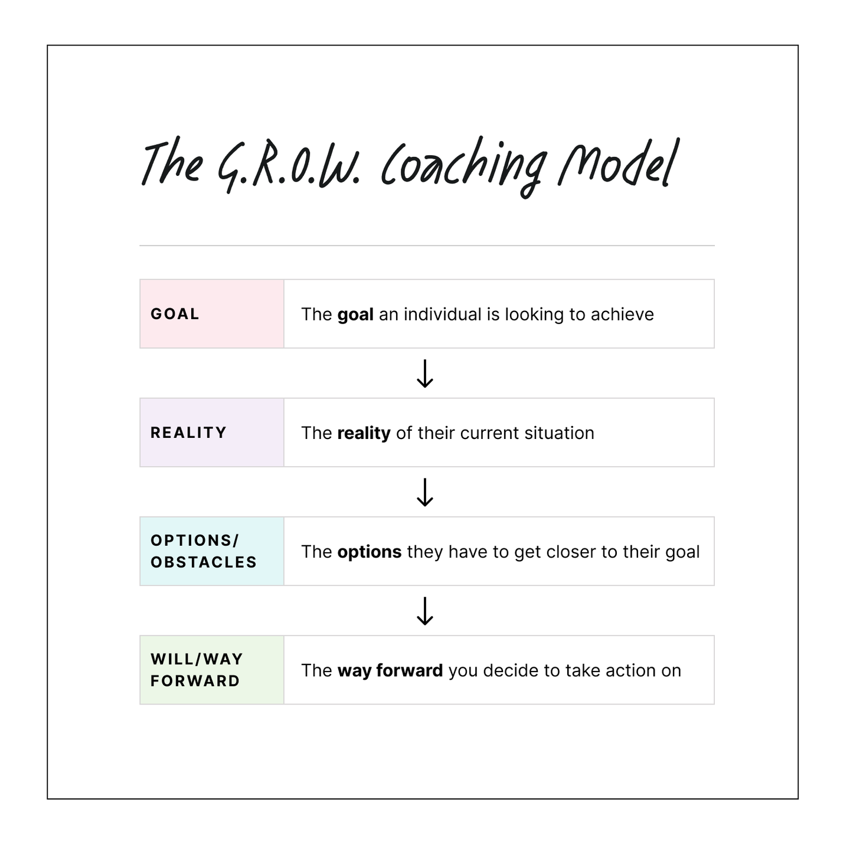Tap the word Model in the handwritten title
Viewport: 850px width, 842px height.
[619, 162]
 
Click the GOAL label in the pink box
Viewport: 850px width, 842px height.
[175, 314]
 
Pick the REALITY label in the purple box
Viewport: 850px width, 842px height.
[188, 433]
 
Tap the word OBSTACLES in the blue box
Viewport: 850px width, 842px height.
[203, 562]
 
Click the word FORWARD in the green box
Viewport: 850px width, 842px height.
[195, 681]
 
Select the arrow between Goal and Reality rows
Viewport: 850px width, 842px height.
[425, 374]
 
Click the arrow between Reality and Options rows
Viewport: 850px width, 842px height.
[425, 492]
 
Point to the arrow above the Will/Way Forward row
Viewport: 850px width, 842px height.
[425, 611]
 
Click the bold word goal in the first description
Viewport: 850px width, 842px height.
[355, 315]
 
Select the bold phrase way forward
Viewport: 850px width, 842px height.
[390, 671]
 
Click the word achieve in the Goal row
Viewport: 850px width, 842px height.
[622, 314]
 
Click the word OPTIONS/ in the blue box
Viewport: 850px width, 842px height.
[195, 540]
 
